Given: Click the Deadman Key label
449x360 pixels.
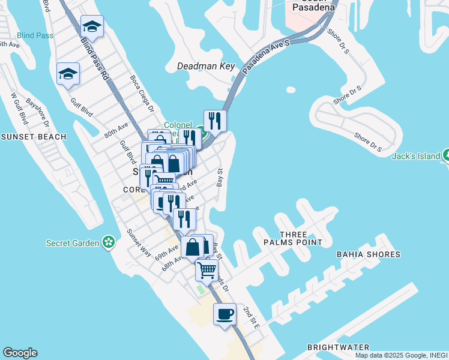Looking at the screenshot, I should (x=206, y=67).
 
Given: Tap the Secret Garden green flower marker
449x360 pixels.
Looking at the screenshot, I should (x=109, y=242).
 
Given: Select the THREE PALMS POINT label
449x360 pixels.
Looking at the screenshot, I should (x=293, y=238).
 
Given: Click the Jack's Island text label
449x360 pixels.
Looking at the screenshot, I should (x=416, y=156).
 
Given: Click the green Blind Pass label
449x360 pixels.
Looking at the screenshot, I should (x=35, y=35).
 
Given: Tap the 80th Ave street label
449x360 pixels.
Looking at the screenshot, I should (x=116, y=130).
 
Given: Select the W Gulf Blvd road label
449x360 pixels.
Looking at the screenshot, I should (x=20, y=109).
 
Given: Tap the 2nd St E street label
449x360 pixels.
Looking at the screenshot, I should (x=251, y=317).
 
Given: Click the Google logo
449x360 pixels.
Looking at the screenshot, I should (x=20, y=353).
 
